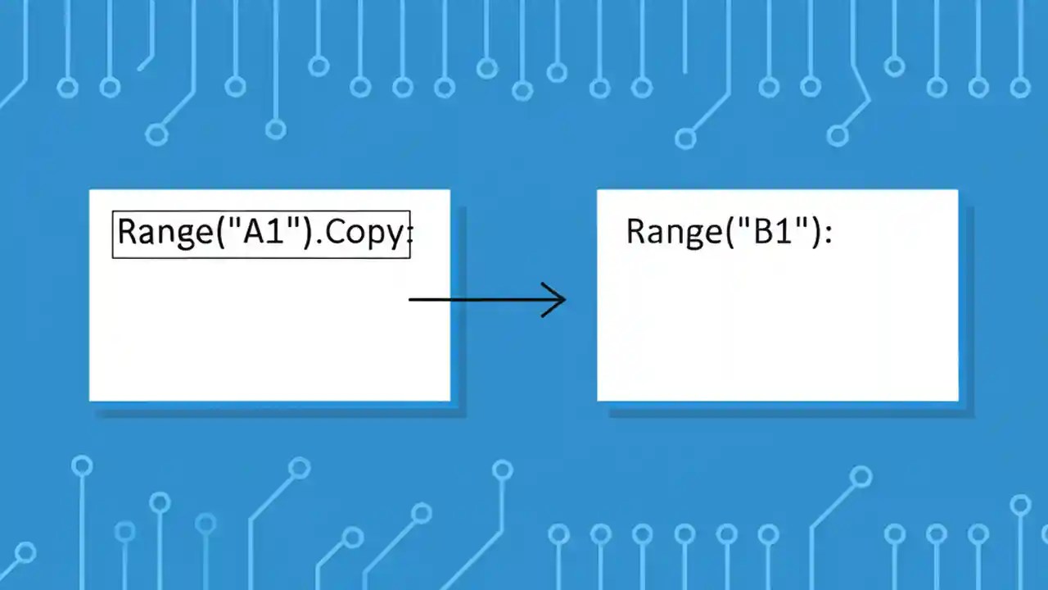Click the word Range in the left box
pos(163,234)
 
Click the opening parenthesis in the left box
pos(219,234)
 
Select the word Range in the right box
pos(673,232)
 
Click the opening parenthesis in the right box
pos(729,233)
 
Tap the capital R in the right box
pos(636,232)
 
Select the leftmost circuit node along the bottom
pos(25,552)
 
